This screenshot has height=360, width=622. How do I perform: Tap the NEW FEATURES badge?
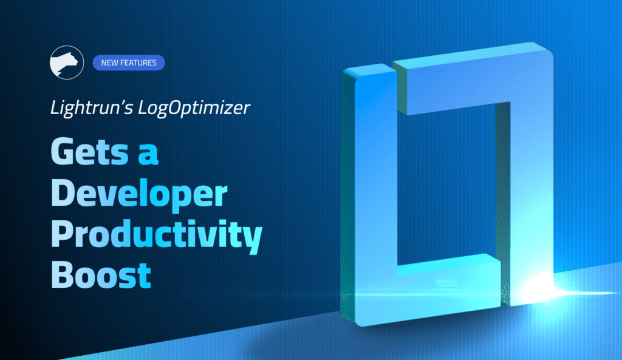pos(128,63)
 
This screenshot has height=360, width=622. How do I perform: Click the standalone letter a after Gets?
pos(148,154)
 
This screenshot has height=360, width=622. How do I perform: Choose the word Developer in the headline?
pos(138,194)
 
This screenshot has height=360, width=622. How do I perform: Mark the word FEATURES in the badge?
pos(138,63)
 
